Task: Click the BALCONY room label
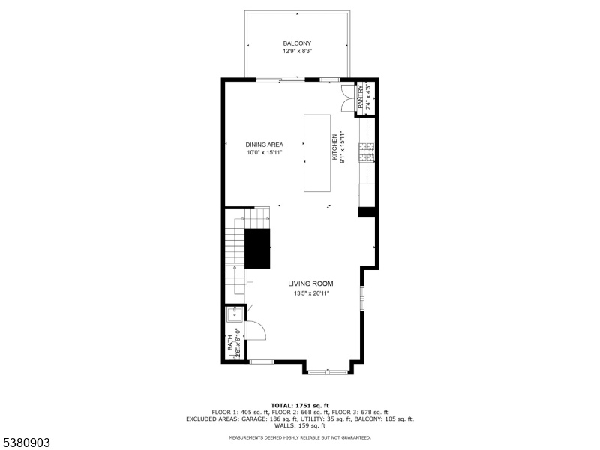point(297,43)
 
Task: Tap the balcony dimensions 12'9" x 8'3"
point(297,51)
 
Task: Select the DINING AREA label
point(265,145)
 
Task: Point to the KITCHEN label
point(334,147)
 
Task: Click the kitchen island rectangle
point(317,153)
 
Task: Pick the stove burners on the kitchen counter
point(366,151)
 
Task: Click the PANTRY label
point(361,97)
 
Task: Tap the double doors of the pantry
point(348,98)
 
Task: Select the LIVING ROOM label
point(310,283)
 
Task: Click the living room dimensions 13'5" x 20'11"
point(311,293)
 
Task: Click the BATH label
point(230,343)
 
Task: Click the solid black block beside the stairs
point(257,248)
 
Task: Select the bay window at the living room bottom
point(328,371)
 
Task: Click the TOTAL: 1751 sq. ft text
point(300,405)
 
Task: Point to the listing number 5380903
point(25,442)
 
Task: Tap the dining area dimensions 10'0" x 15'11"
point(265,153)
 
